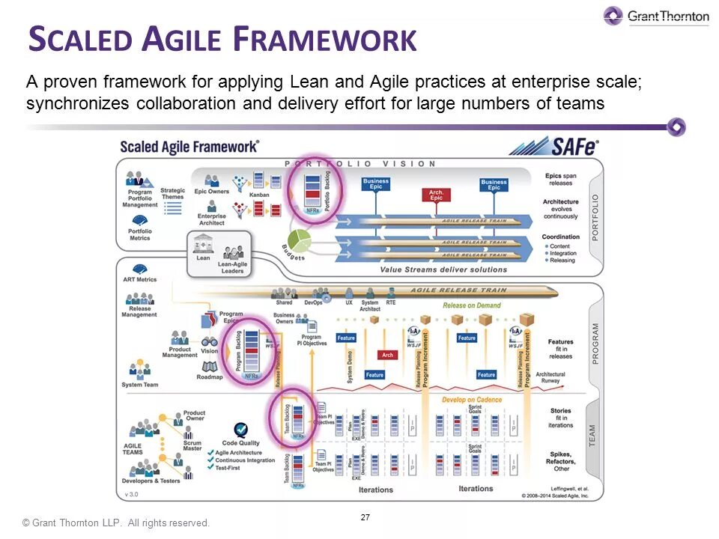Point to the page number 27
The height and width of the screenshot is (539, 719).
365,517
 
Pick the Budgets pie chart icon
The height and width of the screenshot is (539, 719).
299,241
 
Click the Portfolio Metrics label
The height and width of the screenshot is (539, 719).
140,234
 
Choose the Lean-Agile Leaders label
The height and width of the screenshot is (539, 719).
232,268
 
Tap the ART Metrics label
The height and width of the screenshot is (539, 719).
139,279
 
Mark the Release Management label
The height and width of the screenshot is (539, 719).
139,311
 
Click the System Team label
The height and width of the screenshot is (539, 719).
140,385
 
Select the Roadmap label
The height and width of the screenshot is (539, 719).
210,377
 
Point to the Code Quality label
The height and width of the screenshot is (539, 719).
241,443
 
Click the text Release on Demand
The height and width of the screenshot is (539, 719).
472,305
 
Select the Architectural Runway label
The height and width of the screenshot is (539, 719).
550,377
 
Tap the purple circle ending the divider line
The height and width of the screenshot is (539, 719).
676,127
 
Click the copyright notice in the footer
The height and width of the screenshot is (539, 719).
116,523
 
